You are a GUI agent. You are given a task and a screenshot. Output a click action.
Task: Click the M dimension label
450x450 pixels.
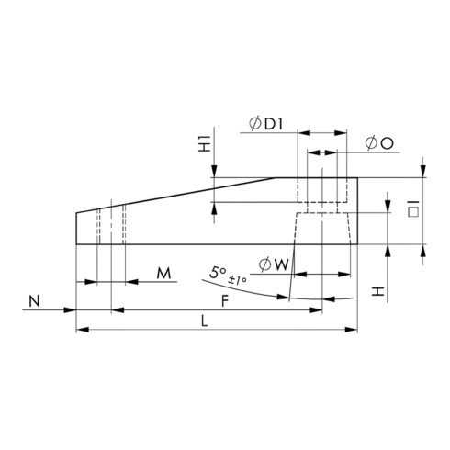(x=163, y=274)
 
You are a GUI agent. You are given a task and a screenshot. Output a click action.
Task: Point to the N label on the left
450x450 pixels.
(x=34, y=300)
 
